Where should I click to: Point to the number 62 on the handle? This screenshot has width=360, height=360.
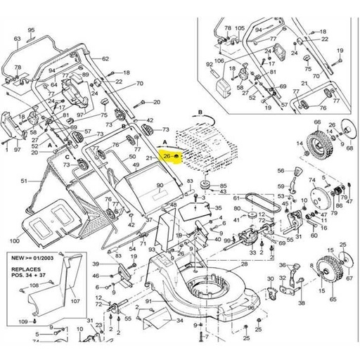[105, 58]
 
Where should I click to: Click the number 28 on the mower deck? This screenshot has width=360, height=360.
[244, 264]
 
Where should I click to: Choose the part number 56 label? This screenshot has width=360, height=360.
[280, 170]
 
